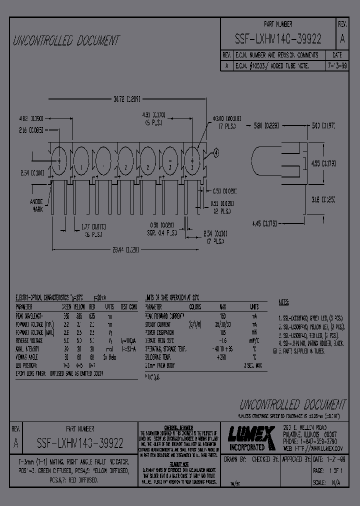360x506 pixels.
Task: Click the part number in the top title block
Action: click(278, 39)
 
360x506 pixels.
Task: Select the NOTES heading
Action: click(284, 302)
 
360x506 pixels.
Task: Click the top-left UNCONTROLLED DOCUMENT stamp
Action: click(66, 40)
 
